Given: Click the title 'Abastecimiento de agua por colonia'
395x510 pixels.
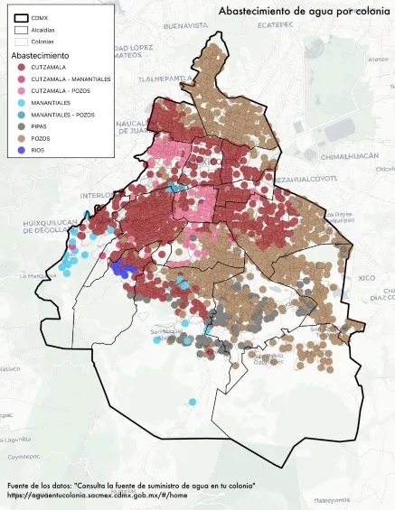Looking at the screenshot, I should tap(303, 11).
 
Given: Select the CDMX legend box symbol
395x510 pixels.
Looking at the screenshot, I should tap(22, 17).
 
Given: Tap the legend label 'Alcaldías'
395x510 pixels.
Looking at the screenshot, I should tap(42, 30).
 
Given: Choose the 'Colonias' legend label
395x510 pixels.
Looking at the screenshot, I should tap(42, 42).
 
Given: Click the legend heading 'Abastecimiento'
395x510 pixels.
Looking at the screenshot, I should tap(40, 56).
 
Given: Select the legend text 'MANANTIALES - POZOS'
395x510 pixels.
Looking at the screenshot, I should tap(62, 116).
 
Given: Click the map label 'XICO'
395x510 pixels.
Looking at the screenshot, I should tap(365, 278).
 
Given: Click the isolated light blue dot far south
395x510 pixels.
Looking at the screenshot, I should tap(193, 402).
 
